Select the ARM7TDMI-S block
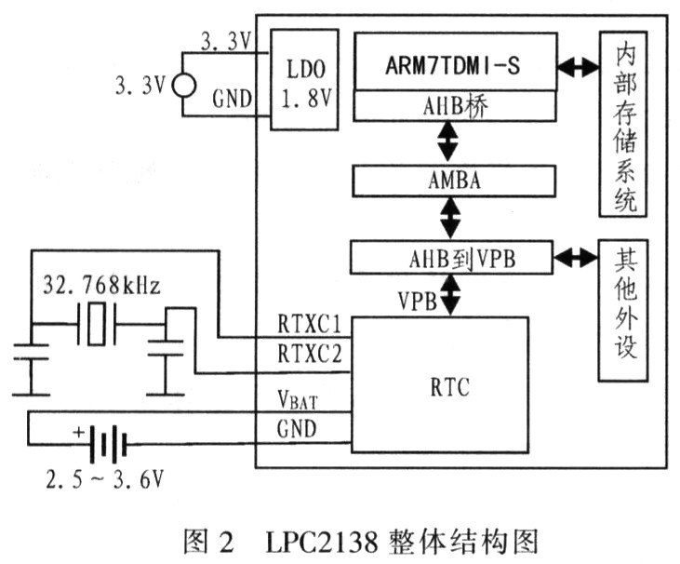pos(456,61)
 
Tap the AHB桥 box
pos(456,106)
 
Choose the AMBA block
pos(454,181)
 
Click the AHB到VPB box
pos(451,258)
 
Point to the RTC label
pos(449,387)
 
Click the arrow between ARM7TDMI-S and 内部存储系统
pos(578,66)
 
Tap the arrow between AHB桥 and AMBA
pos(448,142)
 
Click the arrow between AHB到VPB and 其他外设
pos(576,259)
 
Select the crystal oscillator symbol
pos(96,324)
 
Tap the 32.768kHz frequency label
pos(101,286)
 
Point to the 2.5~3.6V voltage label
pos(105,479)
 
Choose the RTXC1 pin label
pos(310,324)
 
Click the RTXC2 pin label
pos(310,353)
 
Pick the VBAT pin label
pos(298,399)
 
